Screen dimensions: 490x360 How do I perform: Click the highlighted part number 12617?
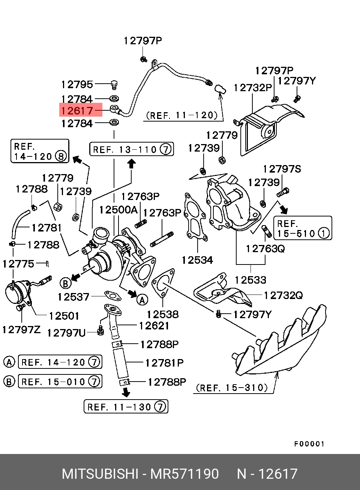point(77,111)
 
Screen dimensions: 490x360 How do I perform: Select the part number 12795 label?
point(77,85)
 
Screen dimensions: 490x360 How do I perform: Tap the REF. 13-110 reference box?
point(131,149)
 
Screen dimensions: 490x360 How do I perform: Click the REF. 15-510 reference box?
point(303,228)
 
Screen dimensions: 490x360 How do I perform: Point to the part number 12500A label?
point(118,210)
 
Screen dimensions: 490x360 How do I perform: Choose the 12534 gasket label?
point(197,260)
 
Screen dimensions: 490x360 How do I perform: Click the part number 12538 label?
point(162,314)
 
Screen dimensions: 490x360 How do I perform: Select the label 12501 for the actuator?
point(64,316)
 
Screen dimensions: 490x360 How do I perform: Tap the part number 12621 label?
point(154,326)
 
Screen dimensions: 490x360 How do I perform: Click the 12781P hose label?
point(164,363)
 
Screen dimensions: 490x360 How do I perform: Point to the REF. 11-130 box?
point(126,407)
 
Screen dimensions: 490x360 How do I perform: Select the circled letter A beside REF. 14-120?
point(9,362)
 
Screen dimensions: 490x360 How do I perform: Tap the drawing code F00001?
point(309,444)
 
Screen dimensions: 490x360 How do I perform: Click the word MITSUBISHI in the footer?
point(100,474)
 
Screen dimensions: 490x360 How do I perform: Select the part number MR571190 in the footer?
point(184,474)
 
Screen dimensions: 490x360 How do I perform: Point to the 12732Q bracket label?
point(283,296)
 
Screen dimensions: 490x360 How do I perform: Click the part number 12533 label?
point(250,280)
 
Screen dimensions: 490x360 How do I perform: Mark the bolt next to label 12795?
point(114,84)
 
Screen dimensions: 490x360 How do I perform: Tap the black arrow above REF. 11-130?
point(126,392)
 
